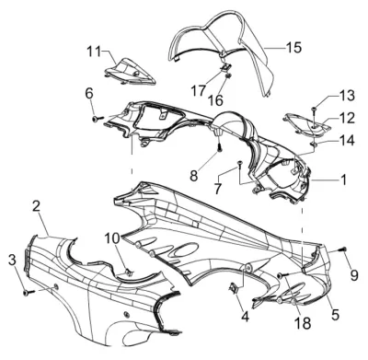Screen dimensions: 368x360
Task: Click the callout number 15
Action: [293, 47]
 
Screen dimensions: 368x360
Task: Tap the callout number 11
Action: [94, 52]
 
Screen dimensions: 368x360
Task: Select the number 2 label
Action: [37, 206]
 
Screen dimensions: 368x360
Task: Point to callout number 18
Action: [303, 322]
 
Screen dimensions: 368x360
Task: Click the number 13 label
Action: [347, 96]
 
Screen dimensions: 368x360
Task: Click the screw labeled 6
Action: [98, 118]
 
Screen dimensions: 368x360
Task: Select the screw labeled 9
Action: [343, 250]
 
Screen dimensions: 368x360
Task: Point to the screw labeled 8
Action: [220, 148]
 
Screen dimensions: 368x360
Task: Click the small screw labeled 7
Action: [240, 164]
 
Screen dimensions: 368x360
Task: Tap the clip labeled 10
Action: [129, 272]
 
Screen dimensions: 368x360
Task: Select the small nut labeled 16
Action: [227, 75]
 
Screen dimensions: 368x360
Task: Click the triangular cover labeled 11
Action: [131, 72]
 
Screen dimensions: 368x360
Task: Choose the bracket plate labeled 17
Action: [226, 67]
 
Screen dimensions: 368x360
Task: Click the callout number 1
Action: [344, 180]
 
